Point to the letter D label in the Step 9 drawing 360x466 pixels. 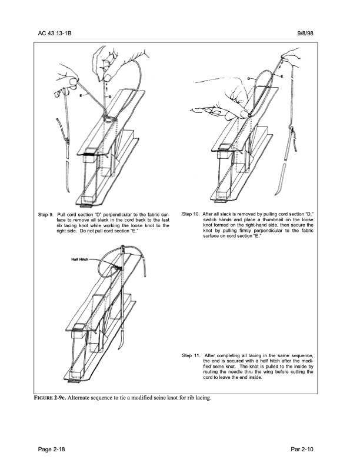109,93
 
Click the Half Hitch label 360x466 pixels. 81,259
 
